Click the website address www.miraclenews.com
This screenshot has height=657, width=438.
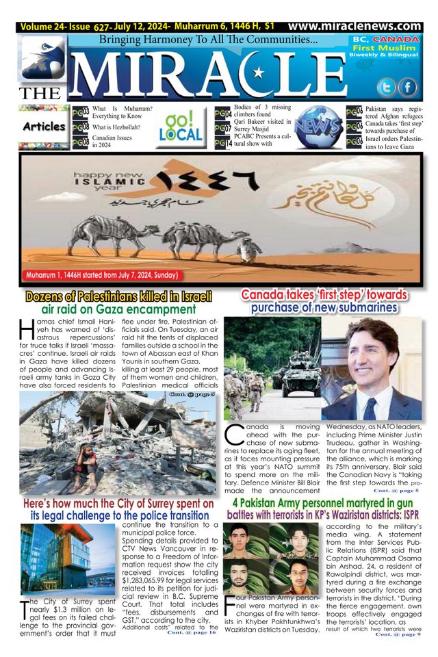click(x=355, y=27)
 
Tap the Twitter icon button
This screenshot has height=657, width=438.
click(x=387, y=88)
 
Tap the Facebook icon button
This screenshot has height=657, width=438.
click(x=408, y=88)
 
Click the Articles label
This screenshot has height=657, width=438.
click(x=44, y=127)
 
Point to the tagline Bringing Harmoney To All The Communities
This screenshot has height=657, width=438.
click(x=208, y=40)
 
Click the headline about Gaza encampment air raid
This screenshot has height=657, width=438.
click(x=118, y=302)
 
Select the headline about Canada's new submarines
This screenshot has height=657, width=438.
click(x=324, y=301)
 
